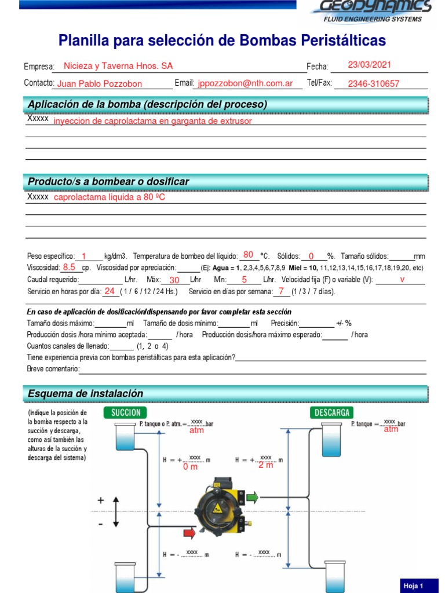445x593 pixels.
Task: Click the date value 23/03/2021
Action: coord(370,65)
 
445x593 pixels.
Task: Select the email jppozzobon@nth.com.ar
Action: coord(245,83)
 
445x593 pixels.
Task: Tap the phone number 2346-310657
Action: coord(373,83)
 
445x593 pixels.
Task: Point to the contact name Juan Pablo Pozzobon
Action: coord(100,83)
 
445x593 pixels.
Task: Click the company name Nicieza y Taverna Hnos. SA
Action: coord(118,66)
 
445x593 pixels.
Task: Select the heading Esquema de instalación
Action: coord(85,394)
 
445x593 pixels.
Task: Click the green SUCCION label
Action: coord(126,412)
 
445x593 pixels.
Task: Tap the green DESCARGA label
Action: coord(333,412)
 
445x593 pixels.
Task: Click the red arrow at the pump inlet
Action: coord(189,532)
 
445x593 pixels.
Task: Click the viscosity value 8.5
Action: coord(70,267)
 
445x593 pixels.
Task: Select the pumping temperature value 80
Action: coord(249,255)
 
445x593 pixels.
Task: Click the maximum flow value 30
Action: coord(174,280)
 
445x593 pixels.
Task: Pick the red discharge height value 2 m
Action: coord(265,465)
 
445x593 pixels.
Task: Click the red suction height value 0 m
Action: coord(190,466)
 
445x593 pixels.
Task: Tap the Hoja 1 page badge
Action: coord(414,586)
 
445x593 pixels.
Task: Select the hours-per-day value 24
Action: coord(110,291)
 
